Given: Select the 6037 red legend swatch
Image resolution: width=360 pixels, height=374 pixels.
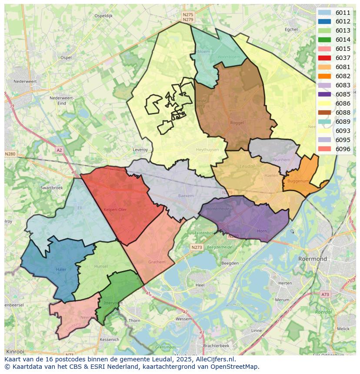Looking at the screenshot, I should [324, 58].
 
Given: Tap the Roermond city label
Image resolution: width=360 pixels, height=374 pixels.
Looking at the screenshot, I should [313, 259].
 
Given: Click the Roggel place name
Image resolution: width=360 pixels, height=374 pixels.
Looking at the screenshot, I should [237, 123].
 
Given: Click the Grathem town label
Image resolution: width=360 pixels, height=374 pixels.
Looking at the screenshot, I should [157, 262].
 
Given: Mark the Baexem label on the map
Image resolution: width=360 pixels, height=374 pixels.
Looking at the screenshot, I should [186, 196].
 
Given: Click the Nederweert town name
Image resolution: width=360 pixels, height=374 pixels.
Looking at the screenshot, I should [24, 81].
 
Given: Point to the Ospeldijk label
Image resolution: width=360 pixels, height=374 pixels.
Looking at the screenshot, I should [103, 16].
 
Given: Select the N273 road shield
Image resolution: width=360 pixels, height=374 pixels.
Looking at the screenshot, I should [197, 247].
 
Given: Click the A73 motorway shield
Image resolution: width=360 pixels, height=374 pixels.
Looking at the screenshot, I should [325, 294].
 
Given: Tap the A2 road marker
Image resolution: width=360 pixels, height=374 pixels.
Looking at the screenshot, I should [59, 150].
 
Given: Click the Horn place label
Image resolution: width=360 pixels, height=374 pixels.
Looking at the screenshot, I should [262, 231].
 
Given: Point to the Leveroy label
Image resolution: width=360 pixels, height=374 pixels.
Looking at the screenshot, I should [140, 149].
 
